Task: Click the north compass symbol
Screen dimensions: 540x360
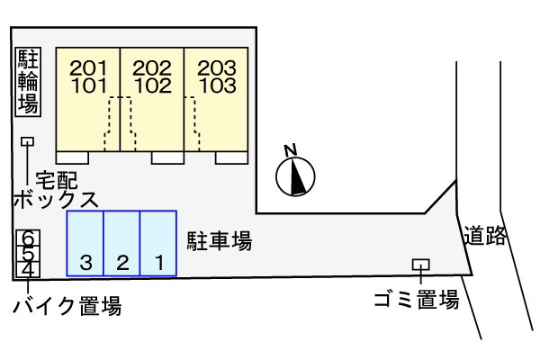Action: tap(296, 176)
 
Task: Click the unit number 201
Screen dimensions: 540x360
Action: tap(88, 67)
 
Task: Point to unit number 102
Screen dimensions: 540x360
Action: tap(152, 86)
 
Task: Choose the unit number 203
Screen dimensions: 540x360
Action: tap(217, 67)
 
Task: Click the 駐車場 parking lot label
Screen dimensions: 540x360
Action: tap(219, 240)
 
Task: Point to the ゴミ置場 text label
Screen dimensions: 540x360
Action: tap(417, 300)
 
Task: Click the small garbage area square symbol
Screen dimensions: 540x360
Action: tap(419, 265)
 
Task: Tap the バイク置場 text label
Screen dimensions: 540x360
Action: tap(67, 307)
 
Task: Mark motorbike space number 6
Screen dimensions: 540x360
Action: tap(29, 238)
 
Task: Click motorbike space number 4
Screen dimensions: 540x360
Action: tap(29, 268)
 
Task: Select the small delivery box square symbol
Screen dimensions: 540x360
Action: tap(28, 141)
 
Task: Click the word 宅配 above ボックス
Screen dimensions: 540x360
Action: tap(56, 178)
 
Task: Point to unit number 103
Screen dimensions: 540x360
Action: tap(217, 86)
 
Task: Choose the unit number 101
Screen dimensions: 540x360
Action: tap(88, 86)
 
